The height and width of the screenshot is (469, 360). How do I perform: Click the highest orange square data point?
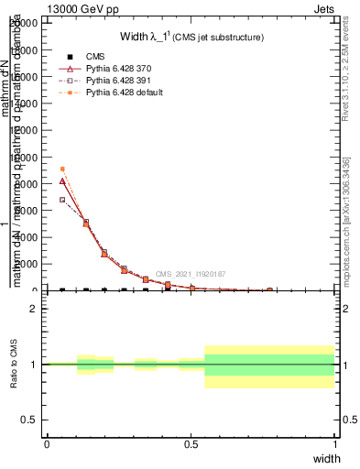[61, 169]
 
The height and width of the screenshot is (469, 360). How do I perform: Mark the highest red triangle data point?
[61, 181]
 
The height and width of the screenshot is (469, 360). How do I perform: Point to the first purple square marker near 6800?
[61, 200]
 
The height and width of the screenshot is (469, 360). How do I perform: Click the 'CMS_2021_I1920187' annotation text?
[190, 274]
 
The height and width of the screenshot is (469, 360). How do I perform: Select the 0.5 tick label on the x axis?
[191, 444]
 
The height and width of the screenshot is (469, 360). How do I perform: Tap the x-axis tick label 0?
[47, 444]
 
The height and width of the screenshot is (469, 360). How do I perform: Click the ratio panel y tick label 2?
[35, 309]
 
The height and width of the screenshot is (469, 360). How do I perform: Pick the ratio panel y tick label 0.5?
[31, 420]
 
